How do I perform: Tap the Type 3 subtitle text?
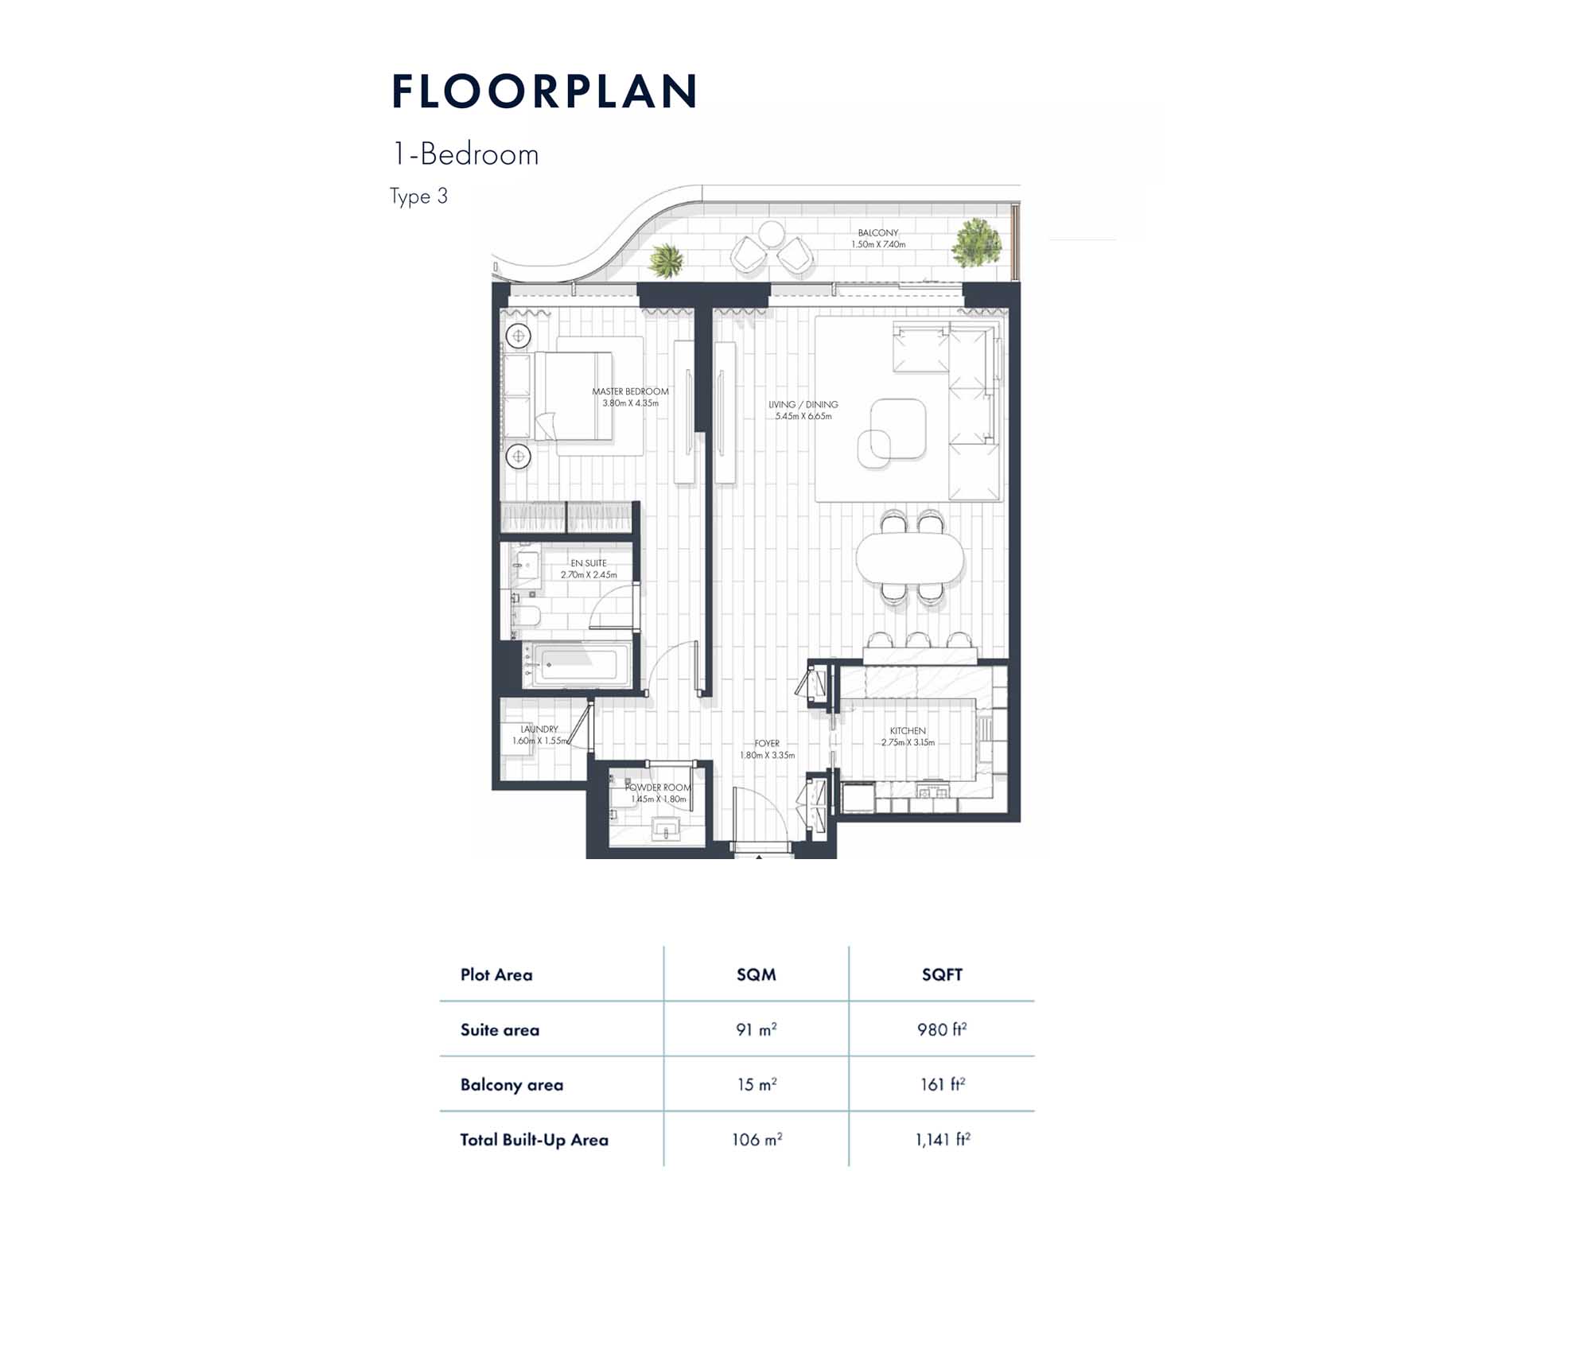[418, 196]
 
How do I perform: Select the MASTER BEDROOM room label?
[630, 391]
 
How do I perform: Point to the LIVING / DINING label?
[803, 404]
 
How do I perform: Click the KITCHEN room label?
[908, 730]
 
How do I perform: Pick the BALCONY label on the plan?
[878, 233]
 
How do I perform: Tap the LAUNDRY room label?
[539, 729]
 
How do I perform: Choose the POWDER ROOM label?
[658, 788]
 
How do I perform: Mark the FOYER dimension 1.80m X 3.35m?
[767, 755]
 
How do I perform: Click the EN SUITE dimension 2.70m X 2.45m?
[589, 574]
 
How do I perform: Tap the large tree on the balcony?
[976, 243]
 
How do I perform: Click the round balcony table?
[771, 234]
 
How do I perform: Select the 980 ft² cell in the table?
[942, 1029]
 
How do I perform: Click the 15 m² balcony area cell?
[757, 1084]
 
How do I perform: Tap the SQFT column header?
[942, 974]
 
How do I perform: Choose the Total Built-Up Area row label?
[534, 1140]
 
